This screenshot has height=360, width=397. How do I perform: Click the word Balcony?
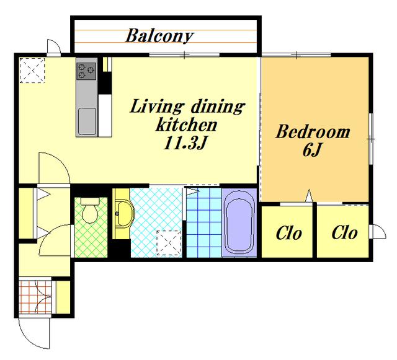(x=159, y=36)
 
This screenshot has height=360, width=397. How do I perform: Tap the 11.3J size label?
(x=185, y=144)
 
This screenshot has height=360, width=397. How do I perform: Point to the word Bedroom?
(x=313, y=131)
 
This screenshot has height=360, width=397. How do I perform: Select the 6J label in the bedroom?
(x=311, y=150)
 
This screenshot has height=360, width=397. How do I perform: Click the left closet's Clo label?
(x=288, y=233)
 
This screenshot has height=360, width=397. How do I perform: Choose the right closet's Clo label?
(x=345, y=232)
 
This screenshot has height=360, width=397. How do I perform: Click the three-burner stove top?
(x=87, y=71)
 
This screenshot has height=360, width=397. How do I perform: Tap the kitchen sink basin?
(x=87, y=121)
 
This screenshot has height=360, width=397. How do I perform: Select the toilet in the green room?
(x=90, y=211)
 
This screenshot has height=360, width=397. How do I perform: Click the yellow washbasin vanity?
(x=122, y=214)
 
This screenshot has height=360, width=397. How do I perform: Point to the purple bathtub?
(x=239, y=222)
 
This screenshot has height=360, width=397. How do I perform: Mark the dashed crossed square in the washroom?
(x=169, y=243)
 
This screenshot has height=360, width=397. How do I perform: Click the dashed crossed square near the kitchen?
(x=32, y=71)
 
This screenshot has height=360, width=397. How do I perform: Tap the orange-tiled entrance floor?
(x=35, y=297)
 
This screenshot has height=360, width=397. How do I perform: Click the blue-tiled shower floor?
(x=204, y=222)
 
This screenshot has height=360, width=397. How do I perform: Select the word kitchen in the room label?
(x=186, y=125)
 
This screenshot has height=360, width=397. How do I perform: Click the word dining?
(x=218, y=107)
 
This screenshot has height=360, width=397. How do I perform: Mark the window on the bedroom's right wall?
(x=371, y=139)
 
